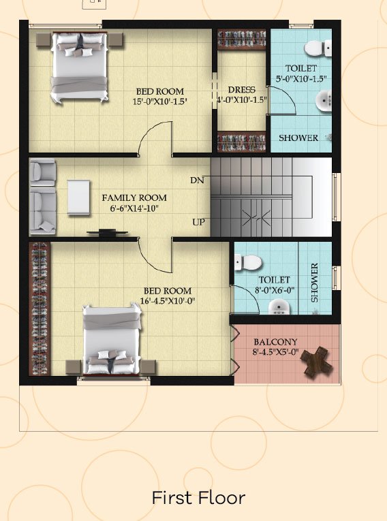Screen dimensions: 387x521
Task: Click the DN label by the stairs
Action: (x=197, y=180)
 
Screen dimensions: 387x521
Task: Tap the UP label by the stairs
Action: (x=198, y=222)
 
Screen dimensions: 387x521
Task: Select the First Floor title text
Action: (x=198, y=498)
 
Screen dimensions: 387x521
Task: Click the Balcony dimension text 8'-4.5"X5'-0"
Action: (x=276, y=352)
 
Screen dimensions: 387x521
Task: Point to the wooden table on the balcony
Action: (x=316, y=362)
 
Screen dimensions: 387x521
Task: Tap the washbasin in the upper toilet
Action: (x=323, y=100)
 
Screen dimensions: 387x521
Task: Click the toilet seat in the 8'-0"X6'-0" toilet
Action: (x=248, y=262)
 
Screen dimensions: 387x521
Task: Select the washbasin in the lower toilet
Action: (x=279, y=307)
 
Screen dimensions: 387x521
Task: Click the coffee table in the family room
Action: (x=78, y=197)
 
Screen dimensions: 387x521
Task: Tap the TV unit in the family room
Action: (x=107, y=233)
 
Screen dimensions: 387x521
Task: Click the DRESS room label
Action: (x=242, y=90)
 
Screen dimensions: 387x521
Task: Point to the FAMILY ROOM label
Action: (x=134, y=198)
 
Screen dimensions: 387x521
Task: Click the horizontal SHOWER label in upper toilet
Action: (x=298, y=138)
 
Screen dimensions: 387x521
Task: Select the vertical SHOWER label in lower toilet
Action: (x=314, y=283)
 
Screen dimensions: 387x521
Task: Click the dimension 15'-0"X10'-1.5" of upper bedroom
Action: (x=160, y=101)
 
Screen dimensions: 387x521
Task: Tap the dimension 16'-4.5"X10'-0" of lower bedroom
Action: (x=168, y=301)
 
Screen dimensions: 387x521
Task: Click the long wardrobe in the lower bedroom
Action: (x=40, y=309)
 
